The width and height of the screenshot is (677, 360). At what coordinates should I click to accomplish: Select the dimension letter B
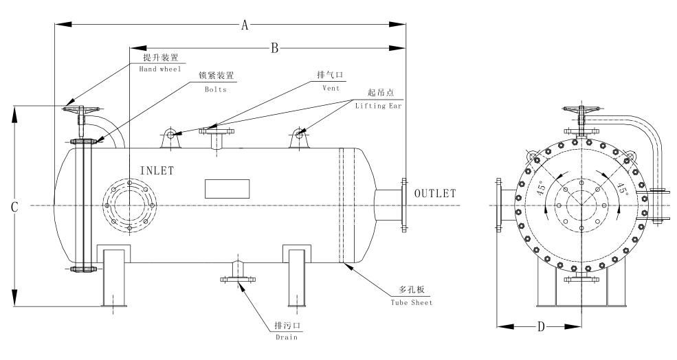tap(273, 48)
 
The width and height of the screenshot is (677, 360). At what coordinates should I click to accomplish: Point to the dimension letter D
tap(540, 326)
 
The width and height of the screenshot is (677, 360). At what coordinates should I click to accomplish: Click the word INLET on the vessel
tap(157, 170)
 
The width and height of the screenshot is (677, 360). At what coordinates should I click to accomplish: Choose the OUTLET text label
tap(434, 194)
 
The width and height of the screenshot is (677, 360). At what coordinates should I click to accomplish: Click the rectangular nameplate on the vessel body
tap(226, 188)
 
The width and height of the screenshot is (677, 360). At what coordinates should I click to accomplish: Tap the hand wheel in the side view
tap(81, 109)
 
